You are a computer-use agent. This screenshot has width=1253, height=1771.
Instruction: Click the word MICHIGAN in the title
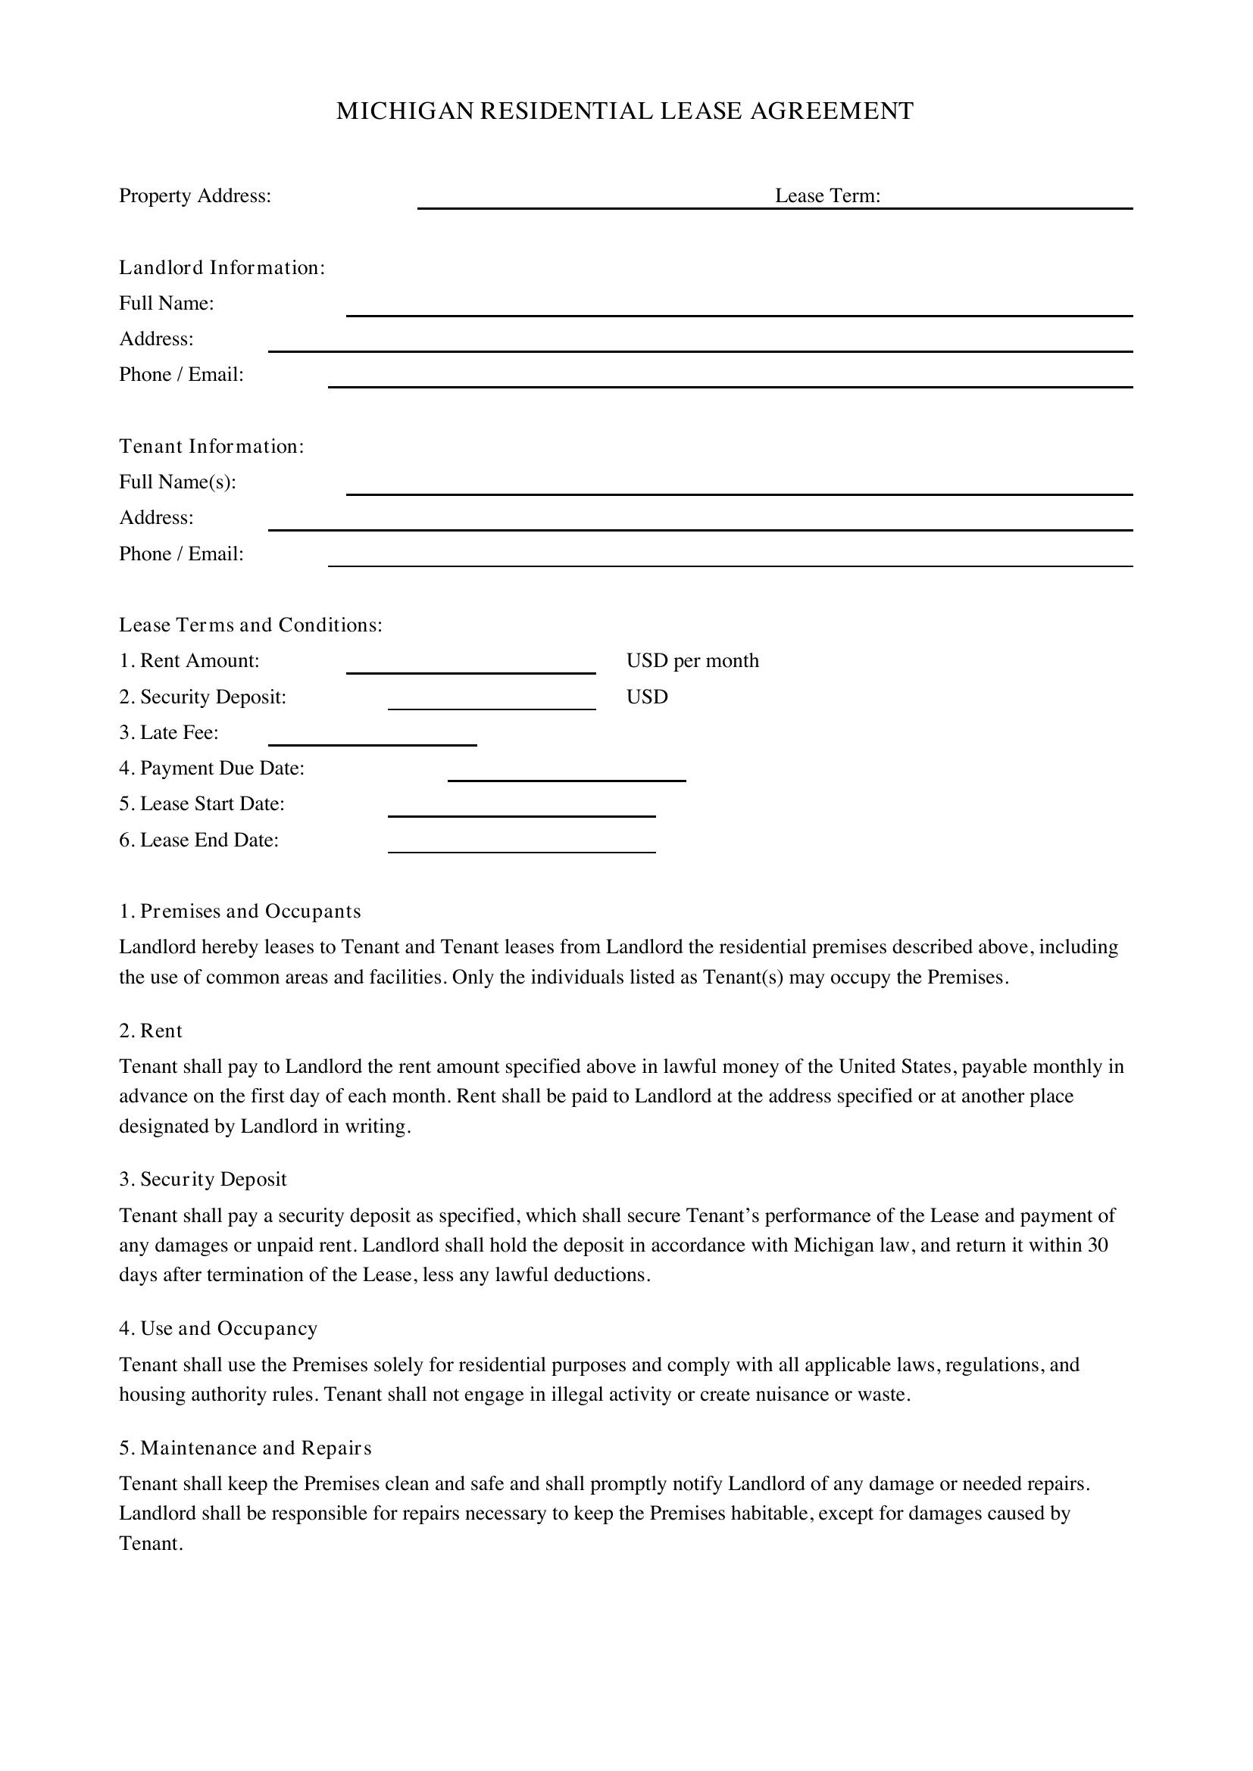coord(405,111)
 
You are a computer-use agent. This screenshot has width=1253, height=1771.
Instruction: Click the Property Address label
coord(195,196)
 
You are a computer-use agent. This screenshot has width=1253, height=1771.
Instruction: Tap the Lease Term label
coord(827,196)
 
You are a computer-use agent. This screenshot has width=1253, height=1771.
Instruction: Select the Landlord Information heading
coord(221,267)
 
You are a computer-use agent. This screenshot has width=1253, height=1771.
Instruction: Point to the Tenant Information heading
coord(211,447)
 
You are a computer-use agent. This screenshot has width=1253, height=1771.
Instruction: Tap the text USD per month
coord(692,661)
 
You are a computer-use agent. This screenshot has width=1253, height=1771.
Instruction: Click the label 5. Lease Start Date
coord(202,804)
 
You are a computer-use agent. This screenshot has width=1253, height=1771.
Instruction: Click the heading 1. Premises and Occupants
coord(240,912)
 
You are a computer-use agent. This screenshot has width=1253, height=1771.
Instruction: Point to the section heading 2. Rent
coord(151,1031)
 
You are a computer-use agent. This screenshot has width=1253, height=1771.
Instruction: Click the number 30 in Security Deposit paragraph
coord(1097,1246)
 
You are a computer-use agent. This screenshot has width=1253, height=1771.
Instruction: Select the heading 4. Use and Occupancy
coord(218,1328)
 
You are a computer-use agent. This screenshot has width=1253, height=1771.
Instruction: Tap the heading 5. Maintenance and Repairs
coord(245,1448)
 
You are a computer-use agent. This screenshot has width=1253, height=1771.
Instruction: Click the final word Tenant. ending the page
coord(151,1543)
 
